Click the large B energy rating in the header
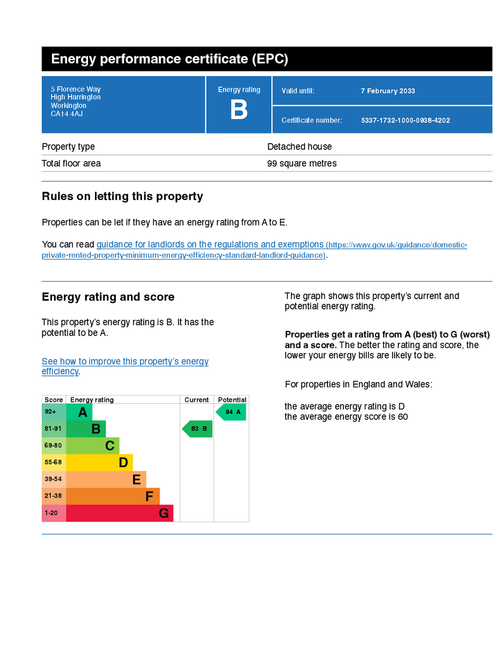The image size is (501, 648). [239, 110]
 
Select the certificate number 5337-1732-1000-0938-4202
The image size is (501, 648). [405, 120]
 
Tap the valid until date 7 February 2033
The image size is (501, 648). [388, 91]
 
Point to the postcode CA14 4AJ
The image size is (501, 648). [67, 114]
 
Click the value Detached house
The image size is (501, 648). [300, 147]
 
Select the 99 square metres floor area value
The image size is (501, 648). [302, 163]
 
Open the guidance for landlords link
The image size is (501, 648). [210, 244]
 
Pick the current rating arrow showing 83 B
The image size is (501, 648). [198, 429]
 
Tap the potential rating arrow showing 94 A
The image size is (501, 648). [231, 412]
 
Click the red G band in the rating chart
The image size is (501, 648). [119, 513]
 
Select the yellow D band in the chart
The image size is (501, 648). [99, 463]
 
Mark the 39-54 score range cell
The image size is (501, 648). [53, 480]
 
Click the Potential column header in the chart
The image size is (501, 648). [232, 400]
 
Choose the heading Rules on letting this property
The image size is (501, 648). [122, 196]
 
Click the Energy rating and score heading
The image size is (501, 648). [108, 297]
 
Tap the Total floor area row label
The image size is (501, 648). [71, 163]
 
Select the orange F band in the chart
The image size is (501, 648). [112, 496]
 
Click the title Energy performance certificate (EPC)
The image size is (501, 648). [170, 59]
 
